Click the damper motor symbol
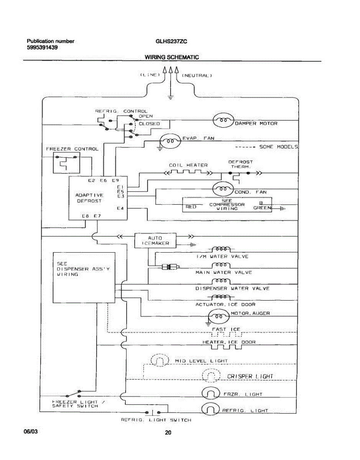point(223,120)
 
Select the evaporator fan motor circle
point(170,141)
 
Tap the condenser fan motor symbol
point(223,189)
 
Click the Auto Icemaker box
point(155,240)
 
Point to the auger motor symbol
point(219,316)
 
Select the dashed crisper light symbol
point(211,376)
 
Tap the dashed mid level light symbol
point(160,360)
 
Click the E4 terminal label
point(120,208)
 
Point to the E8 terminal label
point(85,216)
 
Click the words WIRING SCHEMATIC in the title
point(172,57)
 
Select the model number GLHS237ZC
point(171,41)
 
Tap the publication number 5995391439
point(42,48)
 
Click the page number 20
point(168,432)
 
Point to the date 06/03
point(31,431)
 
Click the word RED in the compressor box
point(191,207)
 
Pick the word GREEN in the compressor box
point(262,208)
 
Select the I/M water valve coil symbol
point(221,249)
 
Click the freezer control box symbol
point(66,163)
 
